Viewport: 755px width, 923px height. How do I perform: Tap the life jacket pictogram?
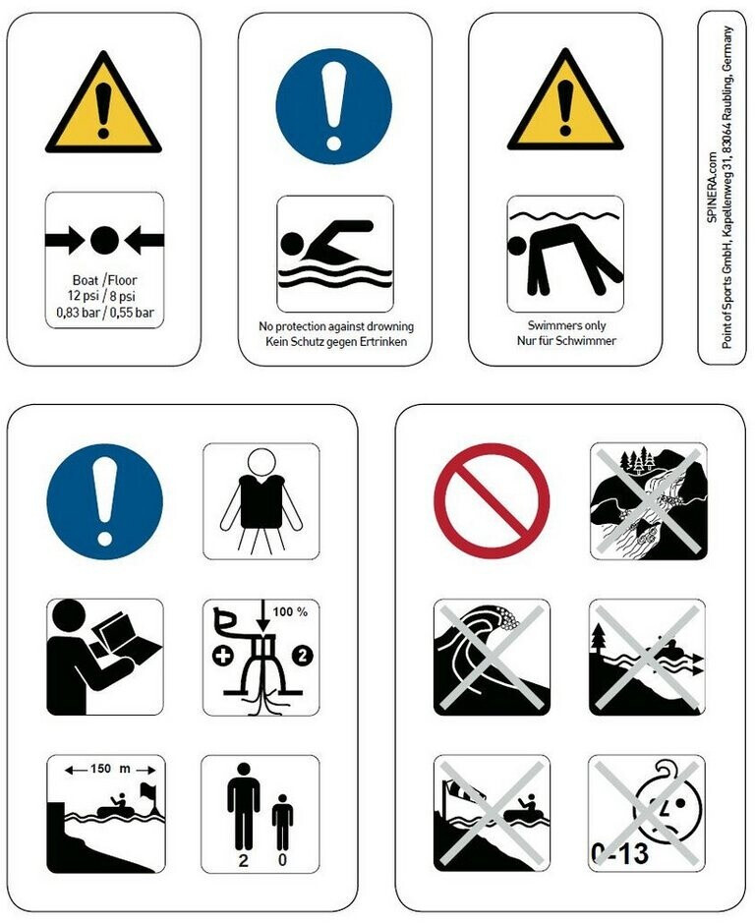pos(261,501)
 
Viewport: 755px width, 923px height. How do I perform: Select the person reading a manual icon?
pos(105,657)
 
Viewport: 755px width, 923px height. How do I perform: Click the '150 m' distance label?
pos(110,769)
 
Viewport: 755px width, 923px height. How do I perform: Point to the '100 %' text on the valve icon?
pos(290,612)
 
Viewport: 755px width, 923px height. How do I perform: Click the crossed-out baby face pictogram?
pos(647,814)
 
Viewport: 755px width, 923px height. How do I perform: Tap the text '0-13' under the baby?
pos(619,853)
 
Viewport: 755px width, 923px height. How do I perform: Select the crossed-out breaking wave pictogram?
pos(492,657)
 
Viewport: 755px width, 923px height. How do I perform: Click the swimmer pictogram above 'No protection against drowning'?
pos(334,254)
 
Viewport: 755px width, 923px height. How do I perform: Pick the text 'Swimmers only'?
pos(566,325)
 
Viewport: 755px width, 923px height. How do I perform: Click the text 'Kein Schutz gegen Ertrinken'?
pos(336,341)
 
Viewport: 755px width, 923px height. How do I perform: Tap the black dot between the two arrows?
pos(105,240)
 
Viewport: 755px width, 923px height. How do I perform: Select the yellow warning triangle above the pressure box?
pos(103,102)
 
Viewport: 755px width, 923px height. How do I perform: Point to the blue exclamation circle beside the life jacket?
pos(105,501)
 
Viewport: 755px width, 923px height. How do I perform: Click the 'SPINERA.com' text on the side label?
pos(713,187)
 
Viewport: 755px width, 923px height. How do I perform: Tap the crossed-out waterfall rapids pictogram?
pos(649,501)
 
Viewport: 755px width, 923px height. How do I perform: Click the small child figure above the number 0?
pos(283,823)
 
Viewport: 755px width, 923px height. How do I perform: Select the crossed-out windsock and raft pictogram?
pos(492,814)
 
